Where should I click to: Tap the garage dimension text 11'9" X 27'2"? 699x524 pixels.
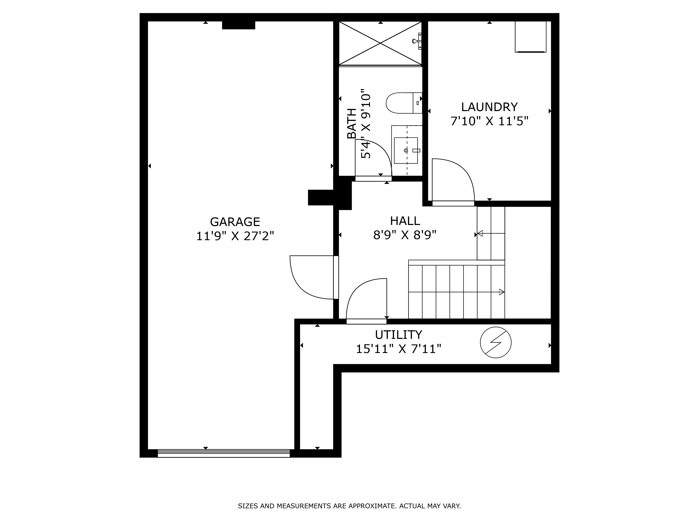coord(235,236)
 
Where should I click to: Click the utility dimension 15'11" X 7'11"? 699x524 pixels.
coord(398,349)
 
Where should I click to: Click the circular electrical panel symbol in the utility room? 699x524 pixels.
coord(495,342)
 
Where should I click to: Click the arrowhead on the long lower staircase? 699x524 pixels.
coord(501,292)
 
